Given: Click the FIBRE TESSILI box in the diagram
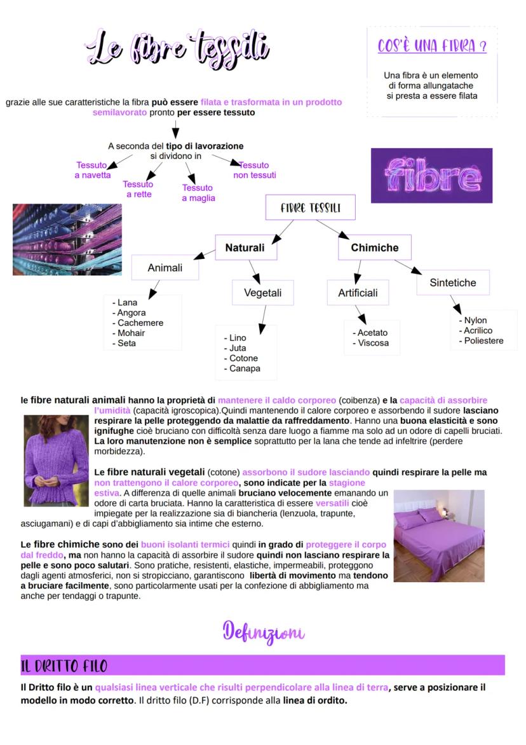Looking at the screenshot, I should tap(310, 207).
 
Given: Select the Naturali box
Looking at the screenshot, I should tap(245, 247).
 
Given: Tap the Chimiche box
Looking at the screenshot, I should tap(375, 247).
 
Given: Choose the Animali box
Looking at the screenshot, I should tap(165, 268).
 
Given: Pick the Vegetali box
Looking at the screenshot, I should tap(262, 293).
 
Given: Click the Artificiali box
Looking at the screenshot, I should tap(358, 293).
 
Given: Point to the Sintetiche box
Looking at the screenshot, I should tap(452, 282).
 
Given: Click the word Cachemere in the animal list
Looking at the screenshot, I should tap(140, 323).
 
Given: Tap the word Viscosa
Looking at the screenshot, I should tap(373, 343).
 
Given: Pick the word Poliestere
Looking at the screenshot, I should tap(483, 340).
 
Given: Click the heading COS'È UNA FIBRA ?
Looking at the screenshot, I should tap(432, 46).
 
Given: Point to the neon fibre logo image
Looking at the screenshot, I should tap(431, 176).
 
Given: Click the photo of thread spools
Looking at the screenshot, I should tap(67, 239).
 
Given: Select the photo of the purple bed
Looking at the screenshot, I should tap(439, 536).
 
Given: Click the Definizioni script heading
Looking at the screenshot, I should tap(263, 632).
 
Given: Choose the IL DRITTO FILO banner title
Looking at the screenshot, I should tap(64, 666).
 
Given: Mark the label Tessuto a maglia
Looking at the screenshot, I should tap(198, 193).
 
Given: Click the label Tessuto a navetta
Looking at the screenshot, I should tap(92, 170).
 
